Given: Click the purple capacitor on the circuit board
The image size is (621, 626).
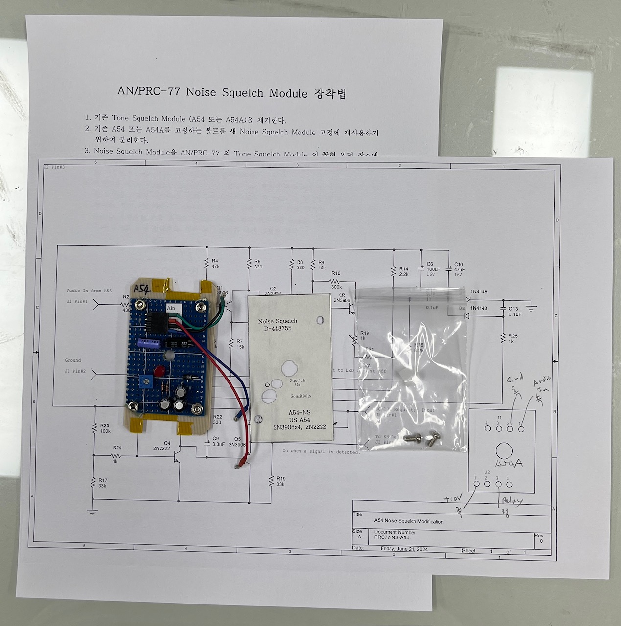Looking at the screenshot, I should point(146,343).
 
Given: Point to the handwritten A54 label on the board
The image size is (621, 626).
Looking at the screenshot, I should point(142,288).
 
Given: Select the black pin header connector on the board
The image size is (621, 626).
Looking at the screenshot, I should point(156,323).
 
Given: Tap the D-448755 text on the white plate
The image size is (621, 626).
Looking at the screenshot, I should point(277,329).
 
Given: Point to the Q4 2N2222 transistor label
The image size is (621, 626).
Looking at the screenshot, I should point(161,446).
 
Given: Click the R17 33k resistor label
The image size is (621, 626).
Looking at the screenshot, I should point(102,483).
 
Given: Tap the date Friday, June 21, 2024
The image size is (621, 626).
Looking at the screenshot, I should point(404,549).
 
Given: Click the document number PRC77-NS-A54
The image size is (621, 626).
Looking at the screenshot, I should point(391,537).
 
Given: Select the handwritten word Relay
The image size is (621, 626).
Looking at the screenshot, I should point(511,501).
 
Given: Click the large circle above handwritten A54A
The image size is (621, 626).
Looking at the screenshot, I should point(504,450).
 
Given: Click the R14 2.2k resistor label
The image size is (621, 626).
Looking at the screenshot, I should point(403,271).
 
